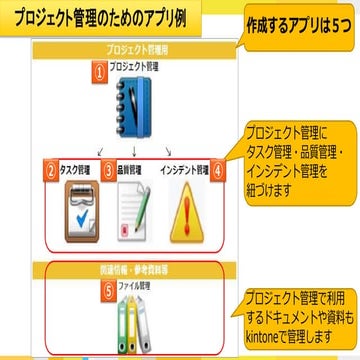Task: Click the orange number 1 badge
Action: click(x=99, y=71)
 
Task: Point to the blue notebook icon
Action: click(x=132, y=104)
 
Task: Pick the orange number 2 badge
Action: click(x=49, y=170)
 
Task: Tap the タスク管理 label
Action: click(x=76, y=168)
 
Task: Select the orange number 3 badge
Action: click(x=107, y=170)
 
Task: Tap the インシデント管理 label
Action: click(x=184, y=168)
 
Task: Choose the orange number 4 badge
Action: click(x=219, y=170)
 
